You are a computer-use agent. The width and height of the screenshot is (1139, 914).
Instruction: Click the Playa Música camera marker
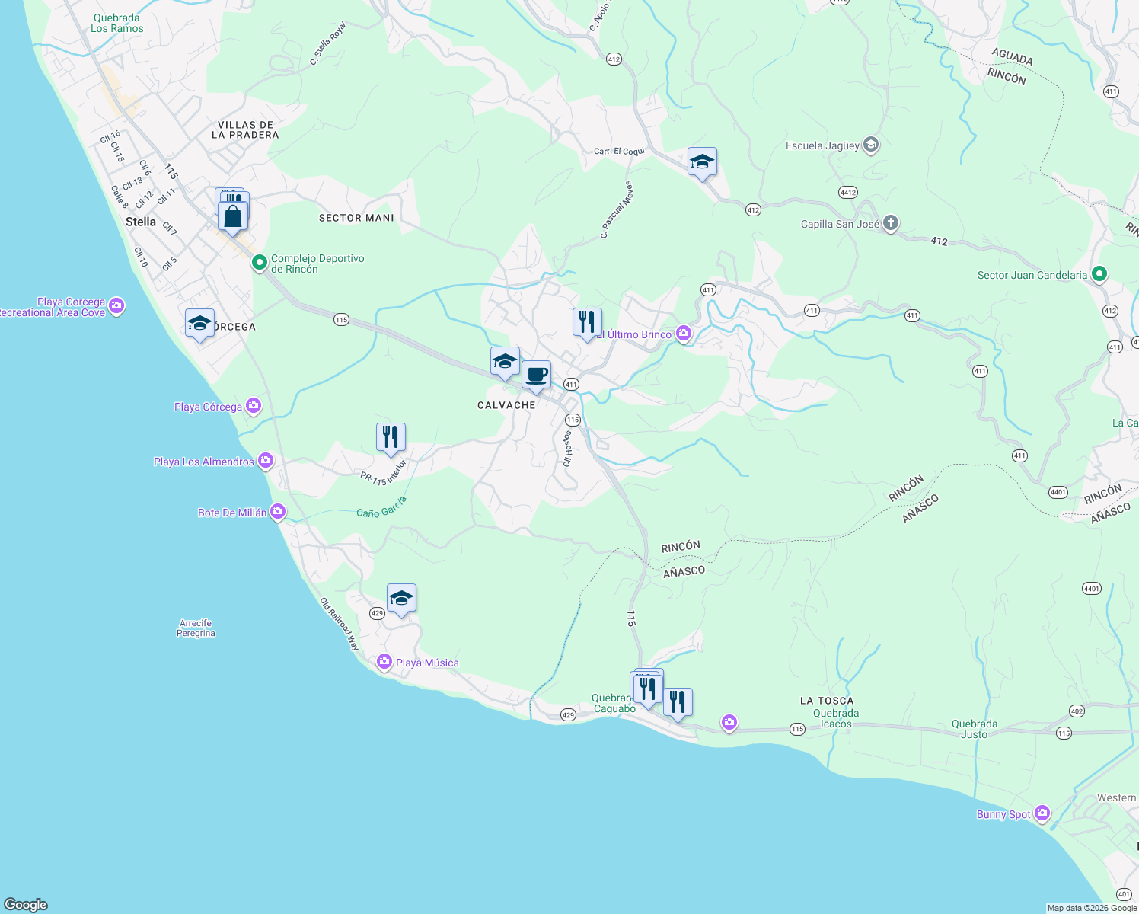pyautogui.click(x=384, y=663)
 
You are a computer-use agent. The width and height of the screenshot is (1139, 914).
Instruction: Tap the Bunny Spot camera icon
pyautogui.click(x=1042, y=813)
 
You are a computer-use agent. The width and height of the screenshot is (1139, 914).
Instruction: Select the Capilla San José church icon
pyautogui.click(x=891, y=224)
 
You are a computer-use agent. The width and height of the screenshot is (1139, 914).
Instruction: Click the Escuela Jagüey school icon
pyautogui.click(x=872, y=145)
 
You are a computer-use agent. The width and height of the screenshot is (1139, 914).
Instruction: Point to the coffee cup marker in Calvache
pyautogui.click(x=536, y=375)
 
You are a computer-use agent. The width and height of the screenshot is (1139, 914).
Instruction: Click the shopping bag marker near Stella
pyautogui.click(x=233, y=216)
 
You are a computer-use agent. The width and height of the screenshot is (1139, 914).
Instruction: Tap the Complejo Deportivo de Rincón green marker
pyautogui.click(x=259, y=264)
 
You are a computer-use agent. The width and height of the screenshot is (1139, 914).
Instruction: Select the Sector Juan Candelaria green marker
pyautogui.click(x=1099, y=274)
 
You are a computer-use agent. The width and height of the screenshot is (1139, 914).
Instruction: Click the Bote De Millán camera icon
pyautogui.click(x=278, y=512)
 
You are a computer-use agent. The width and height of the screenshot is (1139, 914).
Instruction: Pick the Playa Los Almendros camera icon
pyautogui.click(x=265, y=460)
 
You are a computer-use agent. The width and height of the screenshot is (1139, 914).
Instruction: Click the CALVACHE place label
pyautogui.click(x=506, y=405)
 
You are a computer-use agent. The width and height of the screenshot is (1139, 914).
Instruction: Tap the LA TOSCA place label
pyautogui.click(x=827, y=701)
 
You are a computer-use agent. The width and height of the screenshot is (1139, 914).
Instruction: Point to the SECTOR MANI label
pyautogui.click(x=356, y=218)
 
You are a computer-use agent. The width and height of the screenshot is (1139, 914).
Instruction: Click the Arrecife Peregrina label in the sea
pyautogui.click(x=196, y=628)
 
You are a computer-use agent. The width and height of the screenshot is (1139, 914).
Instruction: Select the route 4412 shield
pyautogui.click(x=848, y=193)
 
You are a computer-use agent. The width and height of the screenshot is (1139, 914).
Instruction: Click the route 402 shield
pyautogui.click(x=1076, y=711)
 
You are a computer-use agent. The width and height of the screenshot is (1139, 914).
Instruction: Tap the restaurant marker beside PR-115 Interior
pyautogui.click(x=391, y=437)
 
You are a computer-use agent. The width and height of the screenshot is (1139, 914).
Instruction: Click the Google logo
pyautogui.click(x=26, y=905)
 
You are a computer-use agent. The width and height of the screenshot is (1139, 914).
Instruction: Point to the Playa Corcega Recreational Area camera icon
pyautogui.click(x=116, y=306)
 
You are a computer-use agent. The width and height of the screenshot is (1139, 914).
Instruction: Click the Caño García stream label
pyautogui.click(x=381, y=507)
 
